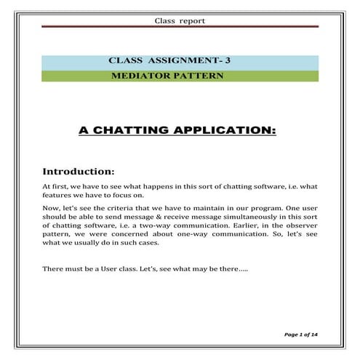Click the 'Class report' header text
coord(180,20)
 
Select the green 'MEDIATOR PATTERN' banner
coord(180,76)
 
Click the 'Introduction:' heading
coord(79,172)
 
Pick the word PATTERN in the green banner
coord(194,76)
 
